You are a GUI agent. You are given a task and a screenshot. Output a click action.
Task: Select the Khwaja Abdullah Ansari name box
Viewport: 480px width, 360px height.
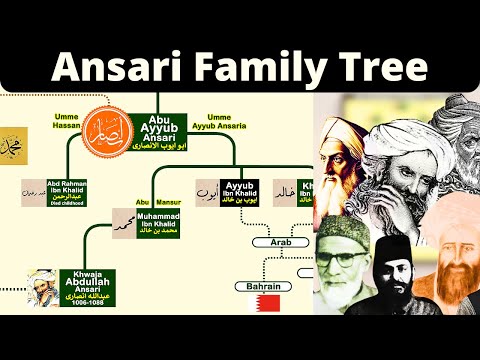(88, 286)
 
